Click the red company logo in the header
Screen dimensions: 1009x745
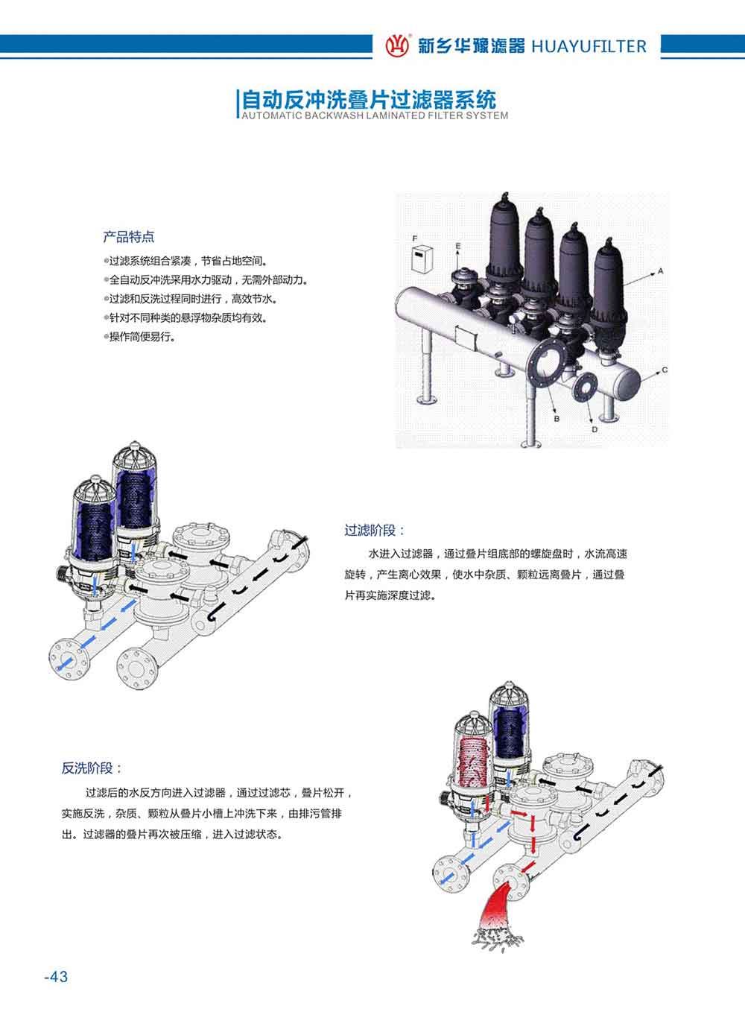pos(397,45)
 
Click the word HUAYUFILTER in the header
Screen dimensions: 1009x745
pos(589,46)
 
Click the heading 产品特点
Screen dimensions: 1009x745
pos(129,237)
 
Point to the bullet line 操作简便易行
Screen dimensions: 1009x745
pos(142,337)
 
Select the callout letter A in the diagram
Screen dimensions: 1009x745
pos(659,272)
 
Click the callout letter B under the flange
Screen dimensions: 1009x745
pos(556,419)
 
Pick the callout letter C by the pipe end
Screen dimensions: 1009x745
pos(665,370)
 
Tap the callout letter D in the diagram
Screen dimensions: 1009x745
pos(594,429)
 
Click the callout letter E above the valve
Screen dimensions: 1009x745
pos(458,245)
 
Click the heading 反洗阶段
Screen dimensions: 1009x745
pos(92,768)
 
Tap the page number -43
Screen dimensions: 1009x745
pos(56,976)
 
